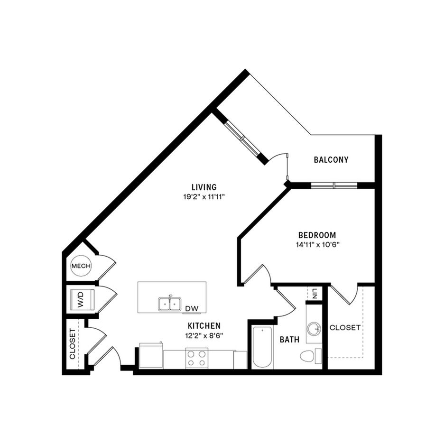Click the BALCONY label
(x=331, y=160)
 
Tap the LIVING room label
(x=204, y=187)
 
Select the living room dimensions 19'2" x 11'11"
(x=204, y=197)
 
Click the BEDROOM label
(x=317, y=235)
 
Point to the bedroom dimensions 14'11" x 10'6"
(x=318, y=245)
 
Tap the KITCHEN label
(x=204, y=326)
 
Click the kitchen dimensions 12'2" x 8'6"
(x=204, y=336)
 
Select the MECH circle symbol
(x=81, y=266)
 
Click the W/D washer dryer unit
(x=82, y=300)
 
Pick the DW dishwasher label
(x=192, y=308)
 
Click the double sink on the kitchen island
(x=170, y=304)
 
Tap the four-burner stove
(x=197, y=358)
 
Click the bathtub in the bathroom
(x=262, y=347)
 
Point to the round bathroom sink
(x=314, y=328)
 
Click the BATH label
(x=289, y=340)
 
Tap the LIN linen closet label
(x=315, y=294)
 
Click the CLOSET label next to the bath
(x=345, y=328)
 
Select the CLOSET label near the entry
(x=72, y=344)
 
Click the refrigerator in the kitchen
(x=151, y=356)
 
